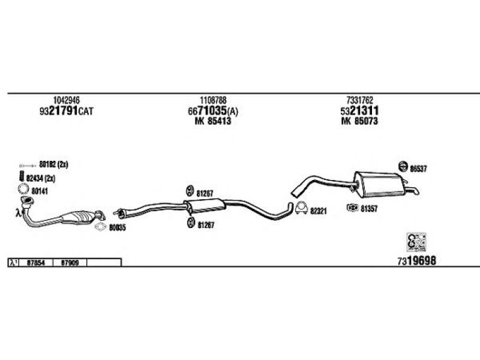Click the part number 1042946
tap(67, 100)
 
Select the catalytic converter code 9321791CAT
tap(67, 112)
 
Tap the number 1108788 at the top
tap(213, 100)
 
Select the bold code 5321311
tap(359, 112)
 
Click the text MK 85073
tap(359, 122)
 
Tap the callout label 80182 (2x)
tap(55, 164)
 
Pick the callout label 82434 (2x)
tap(43, 178)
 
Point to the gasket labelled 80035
tap(99, 227)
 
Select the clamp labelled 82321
tap(301, 209)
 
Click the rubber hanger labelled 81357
tap(352, 208)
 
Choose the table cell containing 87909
tap(70, 262)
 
